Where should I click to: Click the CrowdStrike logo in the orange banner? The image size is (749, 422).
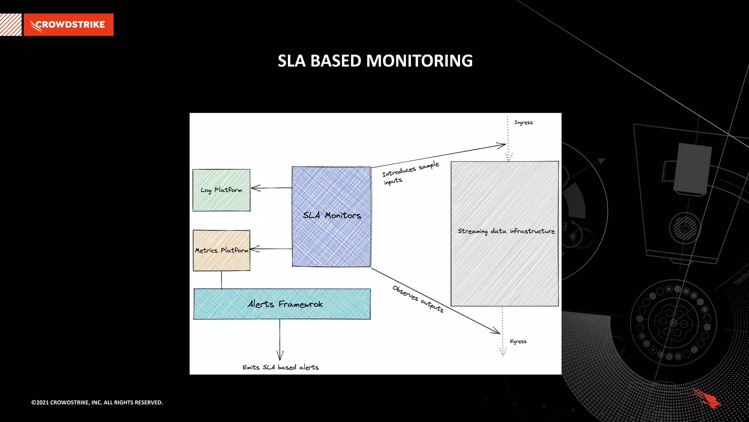pyautogui.click(x=68, y=25)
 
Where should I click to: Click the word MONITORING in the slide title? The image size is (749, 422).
pyautogui.click(x=419, y=61)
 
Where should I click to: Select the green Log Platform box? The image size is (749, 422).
pyautogui.click(x=222, y=190)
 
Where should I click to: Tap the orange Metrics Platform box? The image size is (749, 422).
pyautogui.click(x=222, y=251)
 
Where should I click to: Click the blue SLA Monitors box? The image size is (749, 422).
pyautogui.click(x=331, y=216)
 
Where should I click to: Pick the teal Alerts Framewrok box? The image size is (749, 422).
pyautogui.click(x=282, y=304)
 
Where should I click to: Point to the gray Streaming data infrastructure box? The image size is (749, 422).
pyautogui.click(x=505, y=233)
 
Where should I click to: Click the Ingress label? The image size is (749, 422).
pyautogui.click(x=523, y=123)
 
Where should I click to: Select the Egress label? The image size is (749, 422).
pyautogui.click(x=518, y=341)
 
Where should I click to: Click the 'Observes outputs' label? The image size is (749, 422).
pyautogui.click(x=418, y=299)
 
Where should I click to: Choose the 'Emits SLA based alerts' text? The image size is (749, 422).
pyautogui.click(x=281, y=367)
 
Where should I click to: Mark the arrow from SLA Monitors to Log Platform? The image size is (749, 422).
pyautogui.click(x=271, y=188)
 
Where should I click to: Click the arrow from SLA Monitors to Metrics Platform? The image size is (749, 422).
pyautogui.click(x=271, y=249)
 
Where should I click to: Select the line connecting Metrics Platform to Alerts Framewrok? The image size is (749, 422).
pyautogui.click(x=221, y=280)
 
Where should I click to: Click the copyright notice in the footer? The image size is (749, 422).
pyautogui.click(x=97, y=402)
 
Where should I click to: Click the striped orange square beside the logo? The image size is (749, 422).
pyautogui.click(x=11, y=25)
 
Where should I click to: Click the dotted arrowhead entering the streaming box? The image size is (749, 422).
pyautogui.click(x=509, y=157)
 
